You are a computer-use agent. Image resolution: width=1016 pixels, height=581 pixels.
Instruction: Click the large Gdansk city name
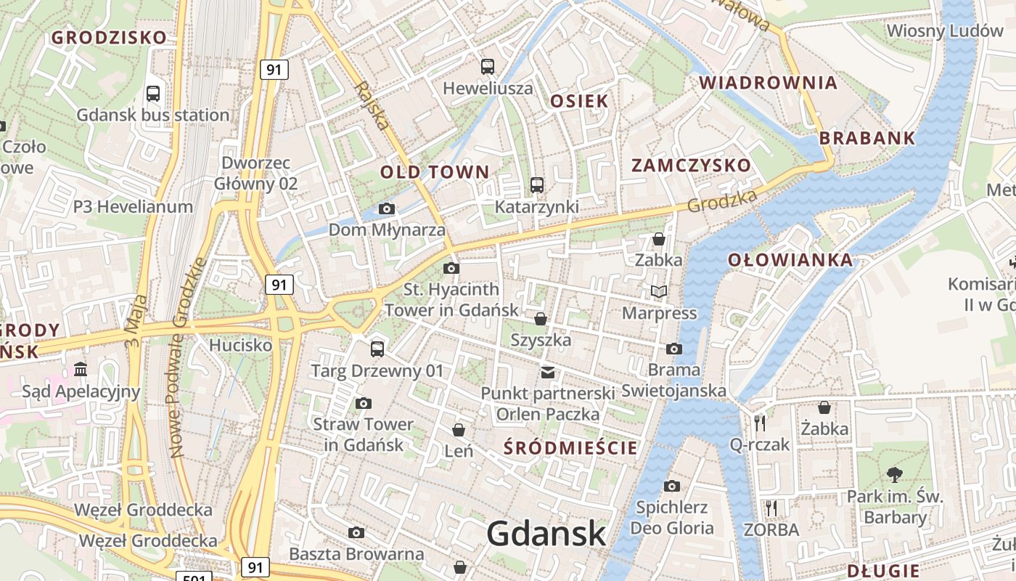point(546,535)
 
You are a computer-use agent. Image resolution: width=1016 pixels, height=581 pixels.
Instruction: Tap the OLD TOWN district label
point(435,172)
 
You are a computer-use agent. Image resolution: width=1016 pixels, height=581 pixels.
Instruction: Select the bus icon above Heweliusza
point(488,67)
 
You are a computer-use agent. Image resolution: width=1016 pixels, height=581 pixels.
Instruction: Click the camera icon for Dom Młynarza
point(387,209)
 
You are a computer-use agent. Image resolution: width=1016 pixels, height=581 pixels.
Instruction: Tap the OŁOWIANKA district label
point(790,260)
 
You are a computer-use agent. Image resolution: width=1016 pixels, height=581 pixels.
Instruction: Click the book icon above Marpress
point(658,292)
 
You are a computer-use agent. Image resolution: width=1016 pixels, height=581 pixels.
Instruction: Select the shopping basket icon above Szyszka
point(541,319)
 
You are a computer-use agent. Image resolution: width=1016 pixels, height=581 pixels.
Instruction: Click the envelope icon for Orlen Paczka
point(548,373)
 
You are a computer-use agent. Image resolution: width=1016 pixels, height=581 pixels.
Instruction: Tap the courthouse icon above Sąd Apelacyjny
point(81,370)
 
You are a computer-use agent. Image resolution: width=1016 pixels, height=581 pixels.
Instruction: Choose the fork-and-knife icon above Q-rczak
point(760,423)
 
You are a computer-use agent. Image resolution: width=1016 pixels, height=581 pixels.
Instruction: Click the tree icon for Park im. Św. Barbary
point(895,475)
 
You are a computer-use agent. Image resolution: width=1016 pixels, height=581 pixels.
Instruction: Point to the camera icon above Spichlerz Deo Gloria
point(672,486)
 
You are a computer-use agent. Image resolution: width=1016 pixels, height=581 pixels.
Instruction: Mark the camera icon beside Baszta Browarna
point(356,533)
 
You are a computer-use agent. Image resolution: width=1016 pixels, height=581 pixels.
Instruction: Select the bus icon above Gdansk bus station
point(153,93)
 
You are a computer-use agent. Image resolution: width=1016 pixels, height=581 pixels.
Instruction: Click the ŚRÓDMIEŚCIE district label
point(570,448)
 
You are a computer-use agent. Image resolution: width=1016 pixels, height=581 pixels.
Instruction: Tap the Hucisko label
point(240,345)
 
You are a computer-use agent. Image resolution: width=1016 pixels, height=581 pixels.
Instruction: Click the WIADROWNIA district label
point(769,83)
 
